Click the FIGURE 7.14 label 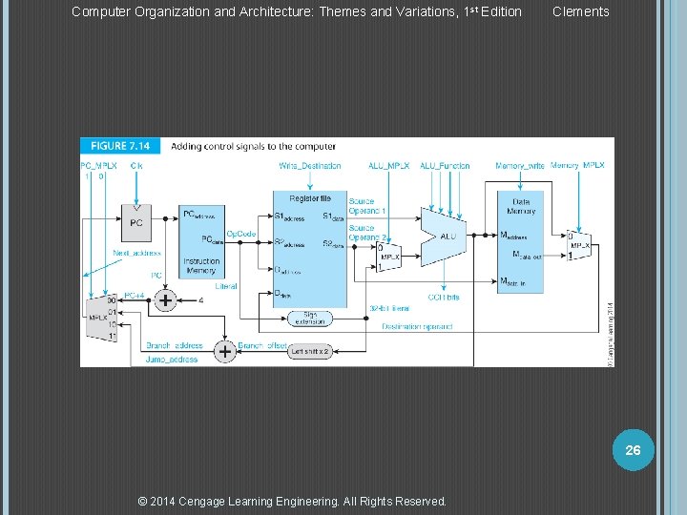click(x=121, y=146)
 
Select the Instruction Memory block click(x=201, y=243)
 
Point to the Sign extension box click(x=309, y=319)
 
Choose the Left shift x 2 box click(x=310, y=352)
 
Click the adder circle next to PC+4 click(x=165, y=301)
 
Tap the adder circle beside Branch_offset click(x=224, y=352)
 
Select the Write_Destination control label click(x=310, y=166)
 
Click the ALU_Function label click(x=445, y=166)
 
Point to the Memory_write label click(x=519, y=166)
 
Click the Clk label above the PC click(x=136, y=166)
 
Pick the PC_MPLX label click(x=99, y=166)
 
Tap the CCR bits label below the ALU click(x=444, y=297)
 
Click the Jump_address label click(x=172, y=360)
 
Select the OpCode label click(x=240, y=234)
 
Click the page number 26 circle click(x=633, y=449)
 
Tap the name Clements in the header click(x=580, y=11)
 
